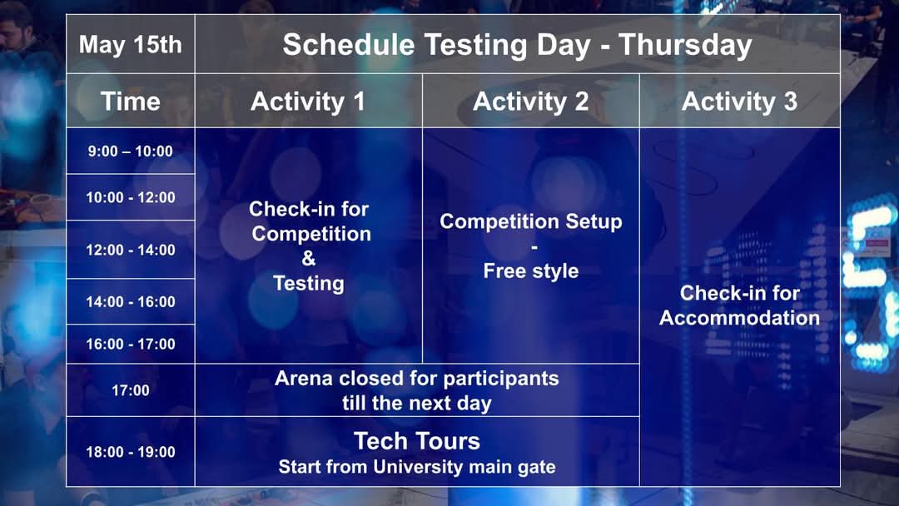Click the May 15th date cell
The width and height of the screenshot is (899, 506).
click(x=130, y=45)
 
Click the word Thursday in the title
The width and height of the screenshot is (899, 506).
click(x=685, y=46)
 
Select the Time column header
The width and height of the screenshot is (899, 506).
click(x=130, y=102)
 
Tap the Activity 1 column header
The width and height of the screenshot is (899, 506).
click(x=308, y=102)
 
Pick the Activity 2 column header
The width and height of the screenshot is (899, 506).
click(x=531, y=102)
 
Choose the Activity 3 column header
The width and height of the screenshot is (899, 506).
click(x=740, y=102)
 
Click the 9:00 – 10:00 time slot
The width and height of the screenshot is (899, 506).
click(x=130, y=151)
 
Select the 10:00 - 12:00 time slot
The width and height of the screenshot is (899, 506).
click(x=130, y=198)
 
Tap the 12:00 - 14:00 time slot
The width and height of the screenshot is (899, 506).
click(x=130, y=250)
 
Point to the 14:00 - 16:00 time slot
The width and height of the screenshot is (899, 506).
click(x=130, y=302)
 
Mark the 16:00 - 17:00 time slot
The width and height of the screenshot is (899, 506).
click(x=130, y=345)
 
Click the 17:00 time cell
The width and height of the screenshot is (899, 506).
click(x=130, y=391)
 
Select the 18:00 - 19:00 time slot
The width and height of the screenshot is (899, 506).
click(x=130, y=452)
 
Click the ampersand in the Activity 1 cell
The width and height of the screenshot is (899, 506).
click(x=309, y=259)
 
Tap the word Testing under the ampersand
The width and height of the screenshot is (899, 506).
click(x=309, y=283)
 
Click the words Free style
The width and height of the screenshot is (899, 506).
click(x=531, y=271)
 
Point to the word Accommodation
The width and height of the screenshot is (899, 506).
click(x=740, y=318)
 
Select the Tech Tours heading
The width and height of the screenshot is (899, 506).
click(x=417, y=441)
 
